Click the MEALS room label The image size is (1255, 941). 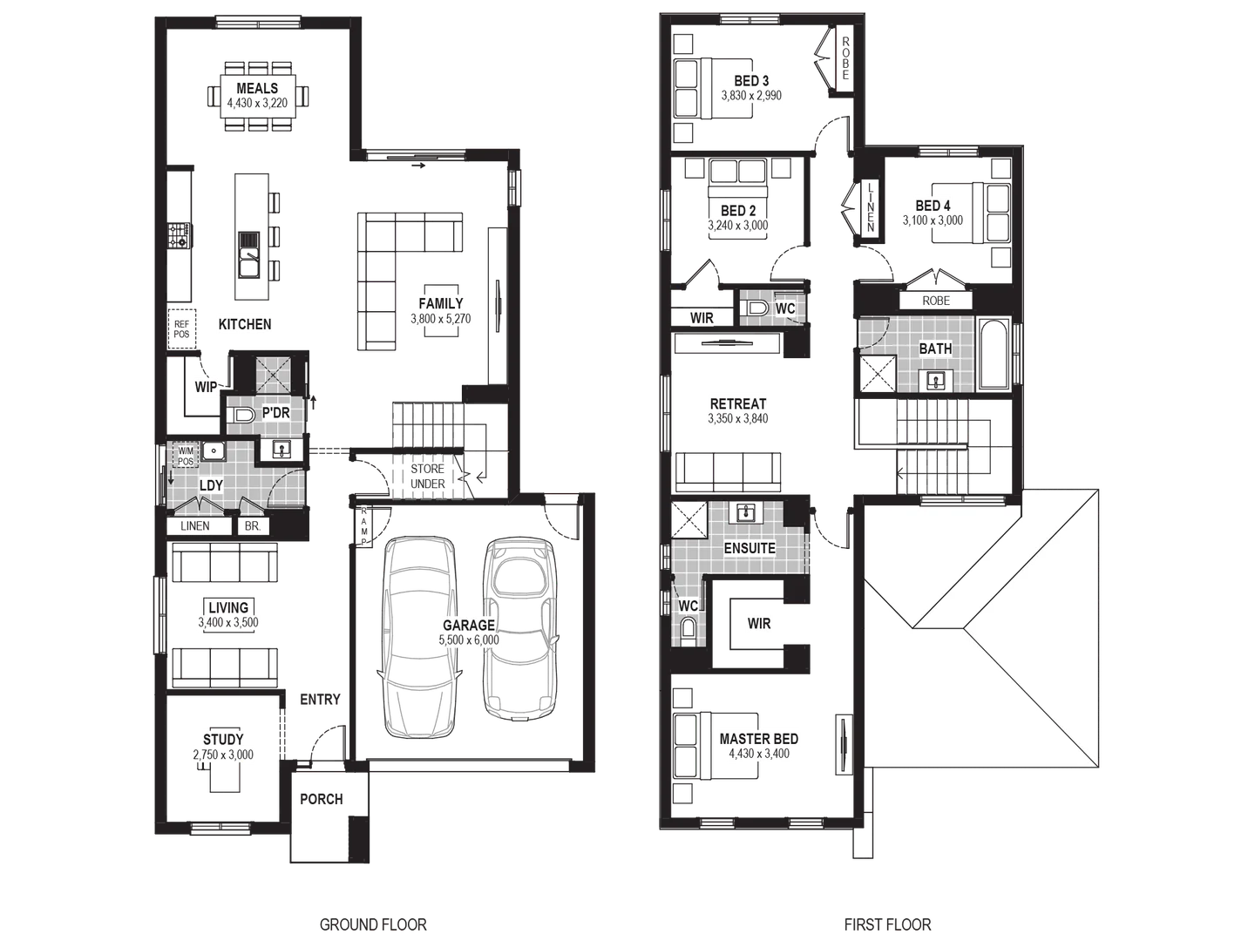257,88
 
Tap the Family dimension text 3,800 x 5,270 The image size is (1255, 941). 441,319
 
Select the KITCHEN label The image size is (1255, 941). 245,324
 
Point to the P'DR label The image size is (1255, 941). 275,412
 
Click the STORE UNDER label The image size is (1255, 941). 427,477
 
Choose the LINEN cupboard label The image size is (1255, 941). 195,526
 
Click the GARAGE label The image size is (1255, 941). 469,625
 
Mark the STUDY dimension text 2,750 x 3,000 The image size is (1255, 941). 225,755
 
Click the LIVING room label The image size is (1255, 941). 228,607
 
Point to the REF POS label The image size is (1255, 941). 181,327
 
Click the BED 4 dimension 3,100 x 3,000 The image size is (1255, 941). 933,220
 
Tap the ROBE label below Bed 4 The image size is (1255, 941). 936,301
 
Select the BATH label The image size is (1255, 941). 935,349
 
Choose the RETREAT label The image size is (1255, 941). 738,404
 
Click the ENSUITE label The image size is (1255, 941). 750,548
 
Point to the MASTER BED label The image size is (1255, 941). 758,739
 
